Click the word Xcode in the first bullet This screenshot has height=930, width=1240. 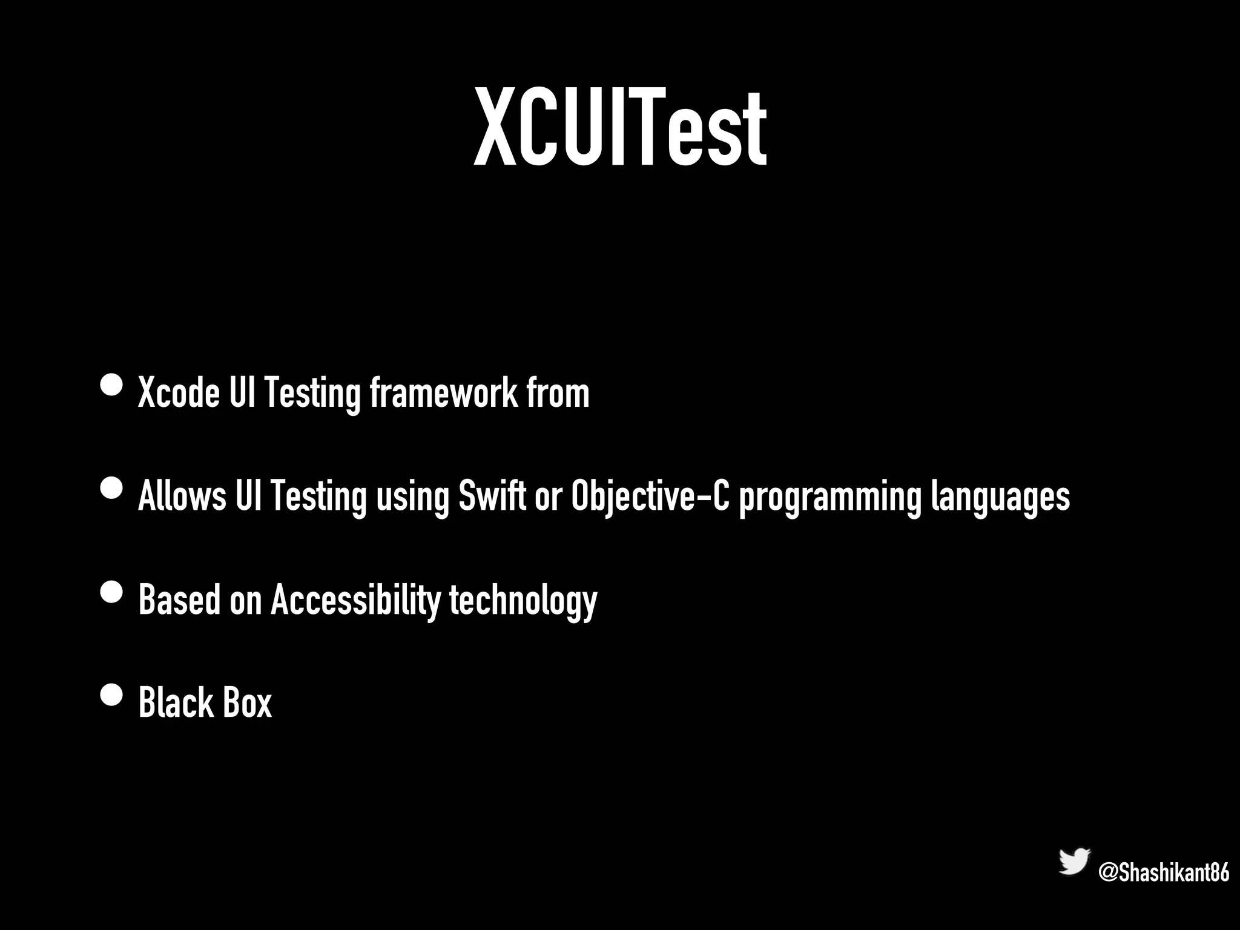[179, 393]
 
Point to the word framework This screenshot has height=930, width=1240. [443, 393]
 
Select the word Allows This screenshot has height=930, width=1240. [182, 496]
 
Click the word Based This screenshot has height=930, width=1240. [179, 599]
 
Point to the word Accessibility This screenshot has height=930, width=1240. [355, 599]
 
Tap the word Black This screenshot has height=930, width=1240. [176, 702]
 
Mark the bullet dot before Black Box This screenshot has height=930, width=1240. [111, 694]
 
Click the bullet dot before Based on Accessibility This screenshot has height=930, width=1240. [111, 592]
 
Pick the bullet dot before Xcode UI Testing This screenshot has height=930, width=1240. [111, 385]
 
